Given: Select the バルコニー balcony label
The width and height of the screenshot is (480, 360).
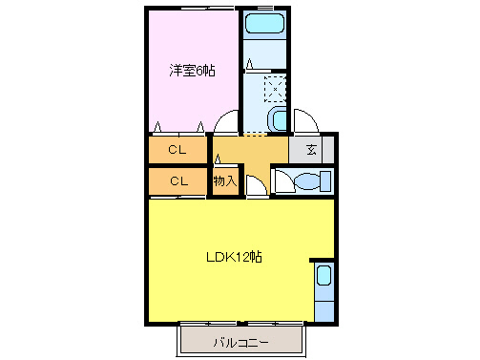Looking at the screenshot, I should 240,341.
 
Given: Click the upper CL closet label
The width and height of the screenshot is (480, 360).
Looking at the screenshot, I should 177,149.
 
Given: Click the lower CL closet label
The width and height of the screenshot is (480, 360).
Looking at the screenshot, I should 177,180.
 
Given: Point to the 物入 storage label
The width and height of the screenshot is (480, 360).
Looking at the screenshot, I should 224,180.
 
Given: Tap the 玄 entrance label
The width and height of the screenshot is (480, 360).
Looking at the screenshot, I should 312,149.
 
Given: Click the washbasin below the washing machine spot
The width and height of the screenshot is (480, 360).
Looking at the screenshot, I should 276,119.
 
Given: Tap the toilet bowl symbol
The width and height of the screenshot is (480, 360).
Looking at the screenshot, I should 303,180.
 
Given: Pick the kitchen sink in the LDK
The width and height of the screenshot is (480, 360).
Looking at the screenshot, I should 323,278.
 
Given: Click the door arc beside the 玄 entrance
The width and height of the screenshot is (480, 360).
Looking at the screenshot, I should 306,122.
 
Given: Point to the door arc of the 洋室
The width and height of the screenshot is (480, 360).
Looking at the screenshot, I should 226,124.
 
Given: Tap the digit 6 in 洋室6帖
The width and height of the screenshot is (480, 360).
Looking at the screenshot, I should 199,71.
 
